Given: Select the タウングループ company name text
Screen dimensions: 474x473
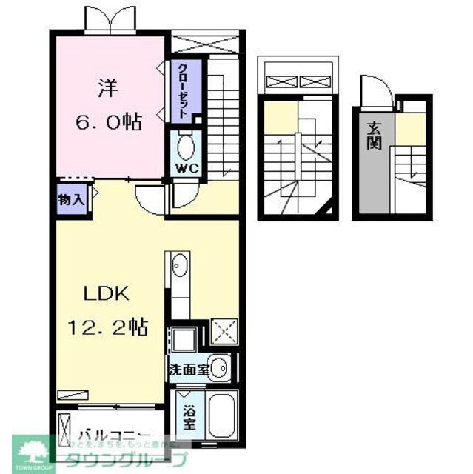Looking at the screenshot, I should click(x=126, y=458).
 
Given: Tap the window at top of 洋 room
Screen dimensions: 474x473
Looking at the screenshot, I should click(x=112, y=22).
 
